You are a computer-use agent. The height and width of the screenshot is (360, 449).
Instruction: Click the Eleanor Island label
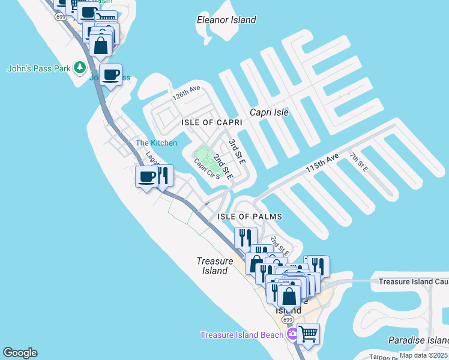(x=226, y=20)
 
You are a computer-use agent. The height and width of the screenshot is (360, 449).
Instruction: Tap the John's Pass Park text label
(x=39, y=68)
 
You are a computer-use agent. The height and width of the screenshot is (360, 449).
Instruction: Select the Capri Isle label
(x=269, y=112)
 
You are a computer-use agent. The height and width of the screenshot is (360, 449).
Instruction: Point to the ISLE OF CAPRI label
(x=212, y=122)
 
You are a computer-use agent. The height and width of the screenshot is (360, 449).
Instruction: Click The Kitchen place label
(x=156, y=143)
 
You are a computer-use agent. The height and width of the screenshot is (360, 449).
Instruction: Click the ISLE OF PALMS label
(x=251, y=216)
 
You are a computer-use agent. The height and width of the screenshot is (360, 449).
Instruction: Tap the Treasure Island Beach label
(x=241, y=335)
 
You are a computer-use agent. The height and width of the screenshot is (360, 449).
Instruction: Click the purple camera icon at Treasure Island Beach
(x=292, y=334)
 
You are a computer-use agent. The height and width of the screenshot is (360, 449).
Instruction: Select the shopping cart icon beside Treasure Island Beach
(x=308, y=334)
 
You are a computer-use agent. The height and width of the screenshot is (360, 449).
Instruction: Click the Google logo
(x=20, y=353)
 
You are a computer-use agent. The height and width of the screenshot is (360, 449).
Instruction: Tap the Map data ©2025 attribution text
(x=423, y=355)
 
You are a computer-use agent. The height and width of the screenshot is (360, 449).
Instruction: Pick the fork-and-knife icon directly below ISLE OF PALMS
(x=246, y=237)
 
